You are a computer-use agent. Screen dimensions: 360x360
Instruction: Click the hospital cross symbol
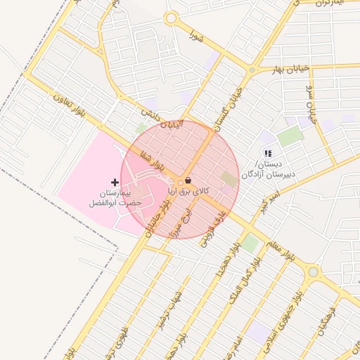click(x=115, y=182)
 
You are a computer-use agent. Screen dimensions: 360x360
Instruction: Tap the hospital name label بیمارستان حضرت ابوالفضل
click(x=115, y=198)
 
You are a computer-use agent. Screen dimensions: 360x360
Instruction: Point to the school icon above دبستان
click(x=267, y=153)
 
